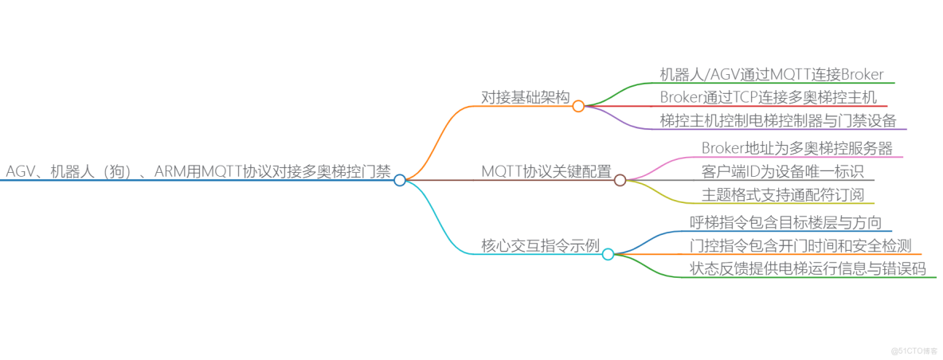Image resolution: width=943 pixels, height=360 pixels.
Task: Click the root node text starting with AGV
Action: click(x=198, y=171)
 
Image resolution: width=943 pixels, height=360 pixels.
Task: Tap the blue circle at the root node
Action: click(x=400, y=180)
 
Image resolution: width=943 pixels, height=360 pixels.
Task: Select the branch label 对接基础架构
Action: click(x=525, y=97)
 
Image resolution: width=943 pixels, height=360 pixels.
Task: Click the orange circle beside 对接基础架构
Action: click(x=578, y=105)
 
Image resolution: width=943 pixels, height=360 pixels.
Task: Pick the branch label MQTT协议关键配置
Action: click(x=546, y=171)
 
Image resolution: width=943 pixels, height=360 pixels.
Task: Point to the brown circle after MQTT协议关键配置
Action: click(x=620, y=180)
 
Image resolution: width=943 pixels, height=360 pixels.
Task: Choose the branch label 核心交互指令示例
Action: click(x=540, y=245)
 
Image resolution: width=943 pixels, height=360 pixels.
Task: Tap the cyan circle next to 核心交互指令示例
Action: click(x=608, y=254)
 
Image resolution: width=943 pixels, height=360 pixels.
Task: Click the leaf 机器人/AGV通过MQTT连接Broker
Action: click(x=772, y=74)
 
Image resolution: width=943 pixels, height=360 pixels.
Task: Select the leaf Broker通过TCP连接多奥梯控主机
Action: click(x=769, y=97)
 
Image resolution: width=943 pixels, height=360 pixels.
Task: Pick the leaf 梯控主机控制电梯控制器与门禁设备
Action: click(x=778, y=120)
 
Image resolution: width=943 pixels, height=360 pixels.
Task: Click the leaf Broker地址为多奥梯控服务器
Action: click(x=797, y=148)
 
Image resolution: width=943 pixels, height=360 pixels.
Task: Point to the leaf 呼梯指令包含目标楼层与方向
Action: click(x=785, y=222)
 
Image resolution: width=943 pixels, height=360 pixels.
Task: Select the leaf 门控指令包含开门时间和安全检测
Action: click(x=800, y=245)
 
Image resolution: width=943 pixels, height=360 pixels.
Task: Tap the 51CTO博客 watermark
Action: click(x=914, y=350)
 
